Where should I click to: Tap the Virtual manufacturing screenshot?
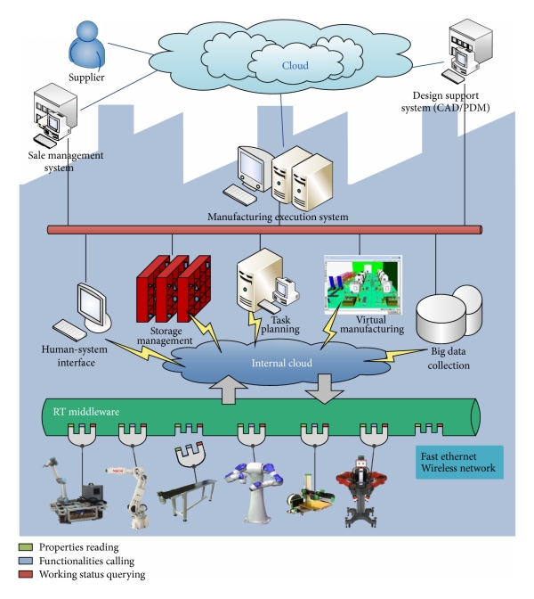[x=362, y=283]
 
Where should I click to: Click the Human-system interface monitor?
[x=93, y=306]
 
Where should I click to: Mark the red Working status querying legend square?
[x=23, y=575]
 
